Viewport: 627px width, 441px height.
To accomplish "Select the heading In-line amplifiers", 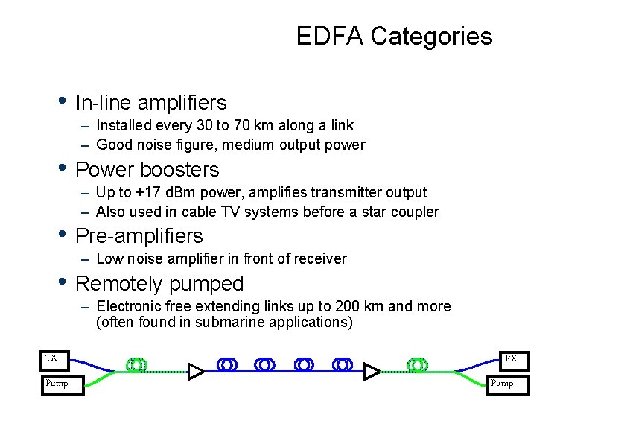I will pos(151,102).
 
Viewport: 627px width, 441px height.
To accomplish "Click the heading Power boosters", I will pos(147,169).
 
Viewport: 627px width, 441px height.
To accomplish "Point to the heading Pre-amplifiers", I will pos(139,236).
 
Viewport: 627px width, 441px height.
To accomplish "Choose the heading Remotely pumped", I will pos(159,284).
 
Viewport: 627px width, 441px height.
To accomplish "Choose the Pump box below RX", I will pos(509,384).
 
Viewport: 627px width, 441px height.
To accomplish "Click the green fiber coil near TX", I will pos(137,364).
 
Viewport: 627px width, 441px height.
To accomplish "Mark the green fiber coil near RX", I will pos(418,364).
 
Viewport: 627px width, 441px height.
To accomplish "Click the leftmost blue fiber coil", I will pos(228,364).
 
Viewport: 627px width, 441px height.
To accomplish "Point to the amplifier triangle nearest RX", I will pos(371,372).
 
